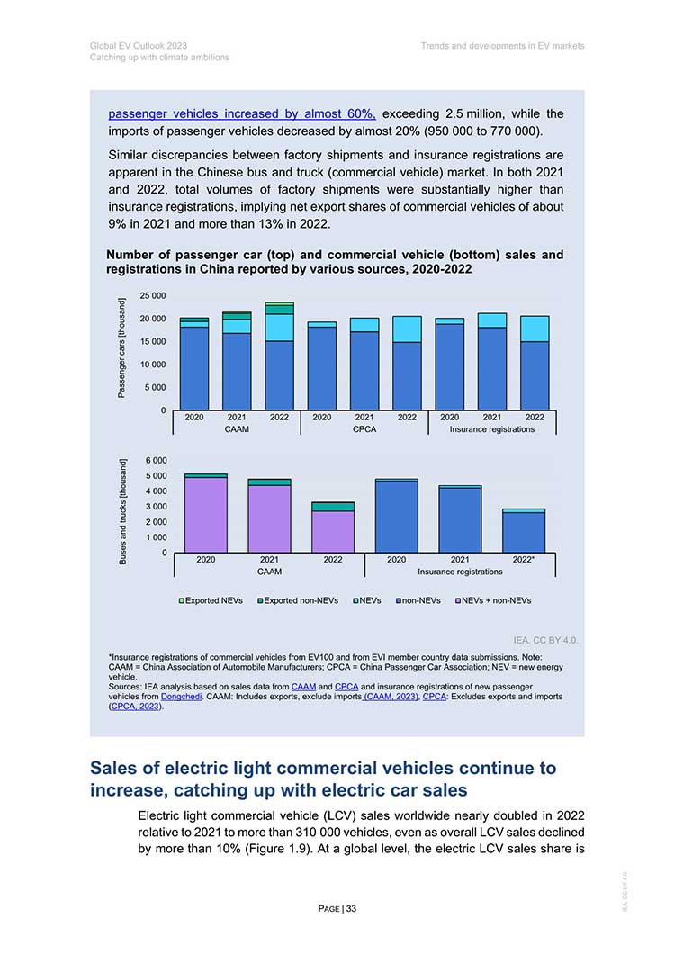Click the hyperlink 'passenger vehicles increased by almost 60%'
[242, 114]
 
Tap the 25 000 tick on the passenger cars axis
[153, 296]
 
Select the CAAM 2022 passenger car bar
[280, 356]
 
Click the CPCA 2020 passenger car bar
[322, 366]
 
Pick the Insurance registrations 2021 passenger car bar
[492, 362]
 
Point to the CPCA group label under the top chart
[364, 429]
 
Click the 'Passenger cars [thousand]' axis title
[121, 347]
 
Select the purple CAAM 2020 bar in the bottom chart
[206, 515]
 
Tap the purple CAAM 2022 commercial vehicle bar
[333, 532]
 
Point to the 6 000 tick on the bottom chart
[157, 461]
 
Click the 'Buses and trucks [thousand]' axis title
[123, 511]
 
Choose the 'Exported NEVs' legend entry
[211, 600]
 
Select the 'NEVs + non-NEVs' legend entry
[493, 600]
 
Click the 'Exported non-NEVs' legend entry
[298, 600]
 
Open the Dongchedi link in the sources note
[181, 696]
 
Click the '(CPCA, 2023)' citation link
[136, 707]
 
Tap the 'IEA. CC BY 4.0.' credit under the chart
[545, 640]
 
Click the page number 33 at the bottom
[352, 909]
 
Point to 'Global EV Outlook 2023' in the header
[139, 46]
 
